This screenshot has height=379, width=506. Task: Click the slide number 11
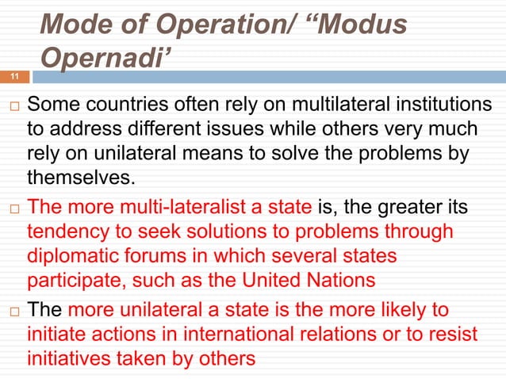point(13,77)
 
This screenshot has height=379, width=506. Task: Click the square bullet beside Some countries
point(11,105)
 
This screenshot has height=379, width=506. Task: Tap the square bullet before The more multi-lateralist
point(11,210)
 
